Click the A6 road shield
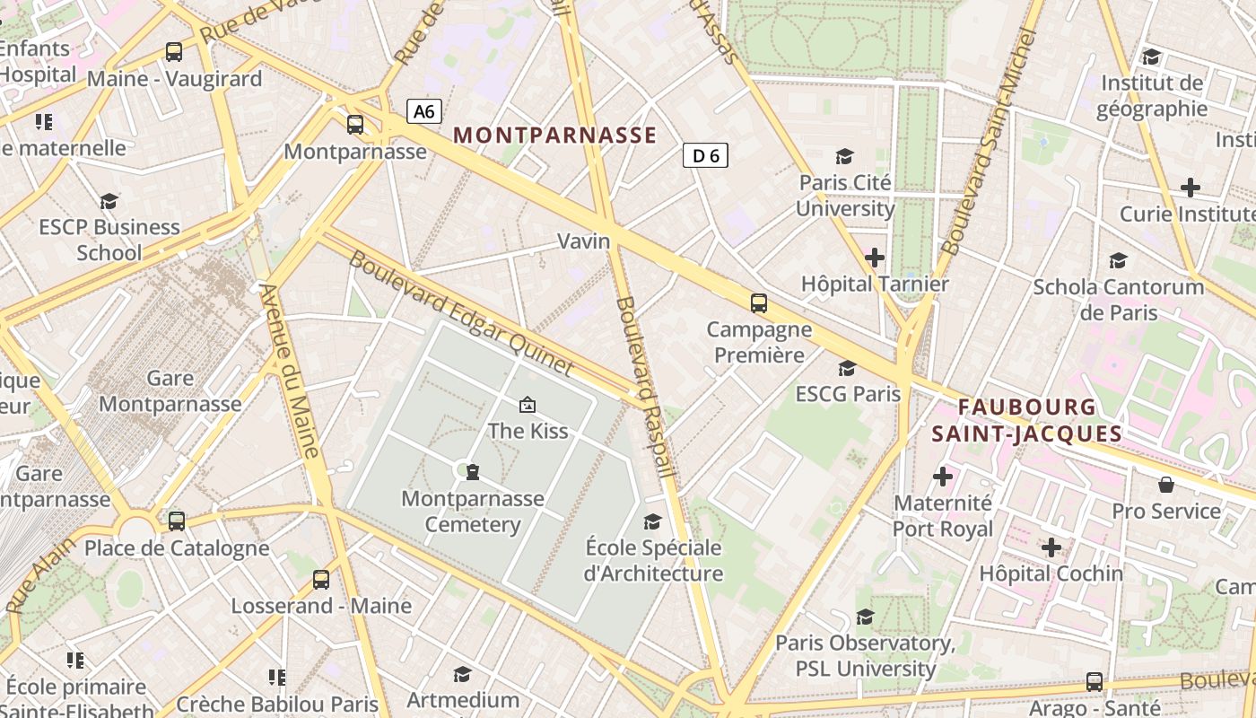click(424, 111)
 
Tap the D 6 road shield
click(705, 155)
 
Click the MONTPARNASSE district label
click(555, 136)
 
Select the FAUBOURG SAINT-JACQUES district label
click(1026, 421)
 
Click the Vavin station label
click(583, 241)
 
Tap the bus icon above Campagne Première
click(759, 302)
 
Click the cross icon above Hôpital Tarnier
click(874, 258)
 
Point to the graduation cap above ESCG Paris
click(847, 368)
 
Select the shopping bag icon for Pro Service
click(1166, 485)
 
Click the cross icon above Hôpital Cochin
click(1051, 547)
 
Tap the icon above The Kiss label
click(528, 405)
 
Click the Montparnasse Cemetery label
click(473, 512)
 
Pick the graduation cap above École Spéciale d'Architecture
click(652, 521)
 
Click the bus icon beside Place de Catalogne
click(177, 521)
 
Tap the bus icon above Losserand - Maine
click(321, 579)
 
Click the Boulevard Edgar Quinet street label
click(460, 312)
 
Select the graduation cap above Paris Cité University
click(844, 157)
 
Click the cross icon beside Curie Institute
click(1191, 188)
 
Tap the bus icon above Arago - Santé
click(1095, 681)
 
